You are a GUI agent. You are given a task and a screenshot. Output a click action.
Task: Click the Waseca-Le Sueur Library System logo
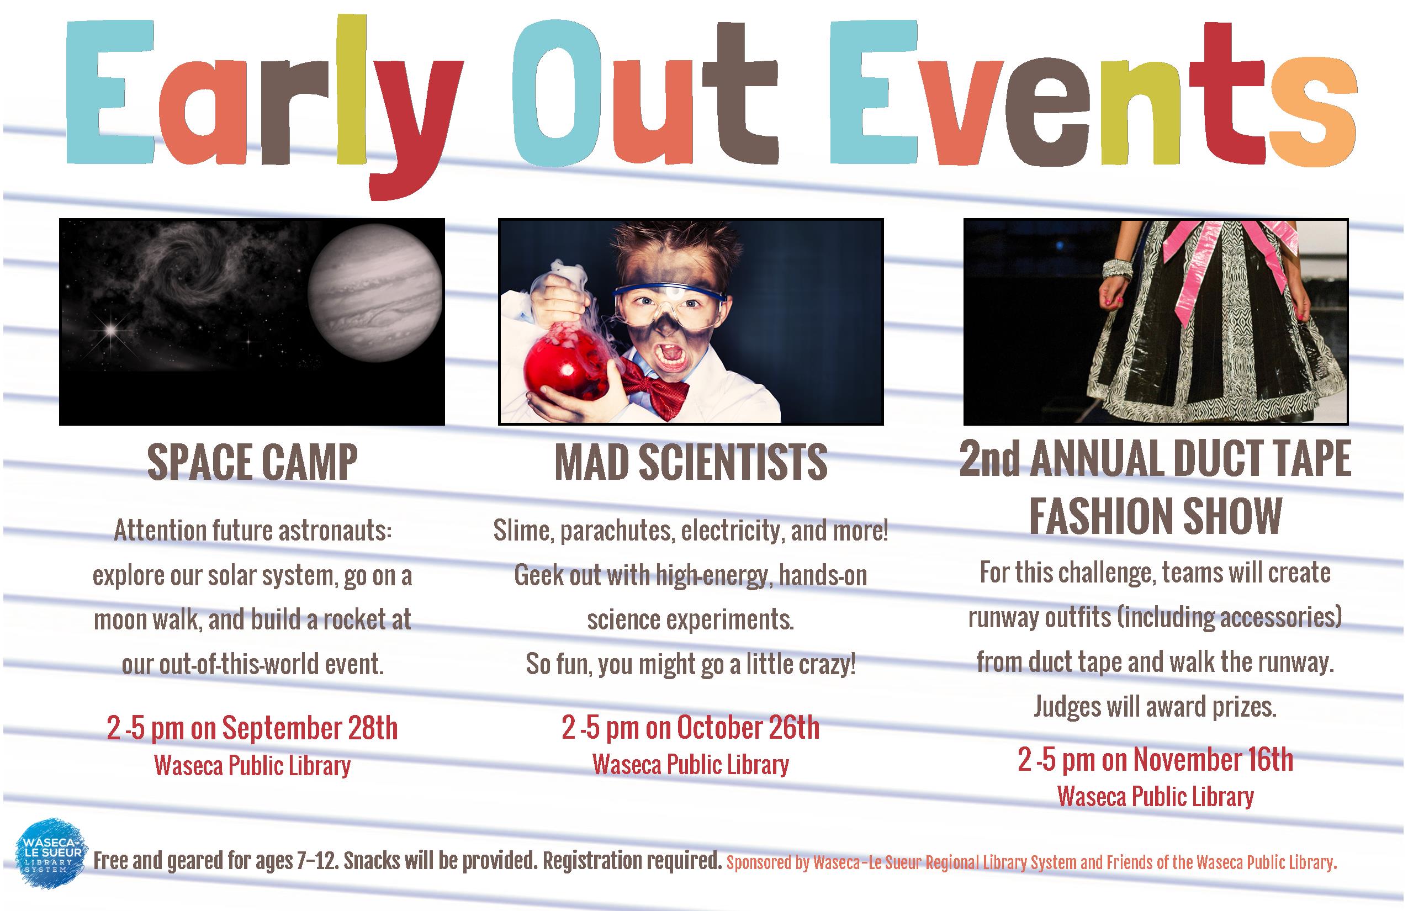[51, 854]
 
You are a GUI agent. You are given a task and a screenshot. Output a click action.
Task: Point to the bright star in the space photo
[110, 330]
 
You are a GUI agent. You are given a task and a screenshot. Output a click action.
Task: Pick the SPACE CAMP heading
[253, 462]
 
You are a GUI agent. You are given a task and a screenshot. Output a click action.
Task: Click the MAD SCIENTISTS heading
[690, 462]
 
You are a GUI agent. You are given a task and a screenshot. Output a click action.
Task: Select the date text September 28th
[310, 728]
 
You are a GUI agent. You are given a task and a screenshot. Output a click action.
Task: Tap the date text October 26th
[748, 728]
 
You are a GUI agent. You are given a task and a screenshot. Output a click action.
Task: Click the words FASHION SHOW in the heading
[1155, 516]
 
